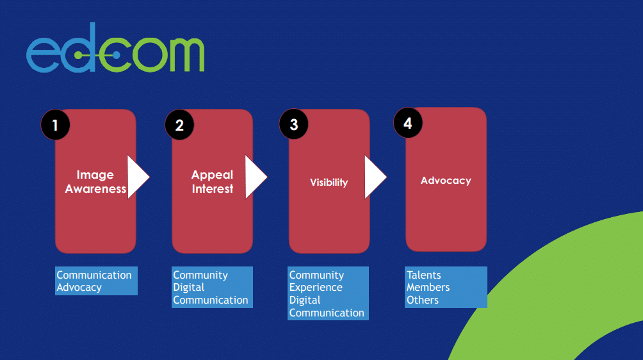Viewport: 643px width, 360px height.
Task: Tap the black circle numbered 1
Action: coord(55,125)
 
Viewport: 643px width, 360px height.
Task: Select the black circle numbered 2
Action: coord(179,125)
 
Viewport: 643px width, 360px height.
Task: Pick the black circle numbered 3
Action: coord(294,124)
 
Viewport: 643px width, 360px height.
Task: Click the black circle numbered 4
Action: coord(408,122)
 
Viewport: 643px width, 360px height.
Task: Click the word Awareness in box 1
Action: coord(95,189)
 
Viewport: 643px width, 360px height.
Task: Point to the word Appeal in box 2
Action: coord(212,175)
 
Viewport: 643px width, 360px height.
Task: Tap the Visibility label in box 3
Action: coord(329,183)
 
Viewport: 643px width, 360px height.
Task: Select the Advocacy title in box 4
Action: coord(446,181)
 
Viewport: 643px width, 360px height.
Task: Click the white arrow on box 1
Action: coord(136,177)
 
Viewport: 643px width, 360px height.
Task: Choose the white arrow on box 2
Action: coord(254,177)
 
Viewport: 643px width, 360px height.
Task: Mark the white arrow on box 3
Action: coord(374,177)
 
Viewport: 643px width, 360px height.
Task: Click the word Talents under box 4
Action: coord(424,275)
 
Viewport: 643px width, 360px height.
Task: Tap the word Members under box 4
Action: coord(428,287)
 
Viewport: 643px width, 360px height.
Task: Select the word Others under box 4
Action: coord(423,300)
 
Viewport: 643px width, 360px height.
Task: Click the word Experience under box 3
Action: coord(316,288)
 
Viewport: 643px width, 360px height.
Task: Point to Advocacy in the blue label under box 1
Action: coord(79,288)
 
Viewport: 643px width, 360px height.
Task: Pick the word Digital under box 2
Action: coord(189,288)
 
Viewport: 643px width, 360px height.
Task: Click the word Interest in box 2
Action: coord(213,189)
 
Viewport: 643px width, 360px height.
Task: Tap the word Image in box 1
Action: coord(95,175)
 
